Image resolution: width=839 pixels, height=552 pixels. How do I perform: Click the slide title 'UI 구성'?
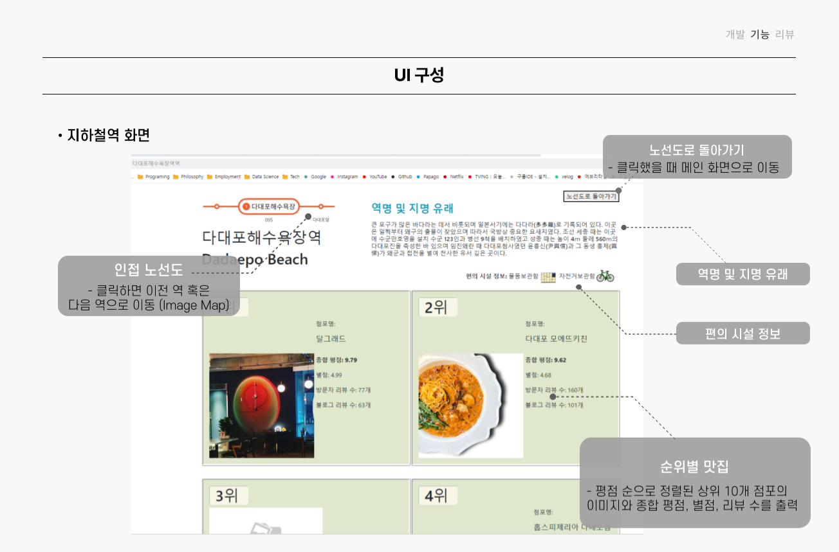tap(419, 76)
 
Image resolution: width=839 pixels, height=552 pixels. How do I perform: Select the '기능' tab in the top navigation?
tap(760, 35)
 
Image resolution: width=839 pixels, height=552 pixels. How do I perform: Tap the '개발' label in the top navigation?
tap(735, 35)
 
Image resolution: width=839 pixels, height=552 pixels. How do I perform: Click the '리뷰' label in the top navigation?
tap(785, 35)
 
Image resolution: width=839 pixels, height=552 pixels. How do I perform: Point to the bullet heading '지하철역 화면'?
tap(108, 136)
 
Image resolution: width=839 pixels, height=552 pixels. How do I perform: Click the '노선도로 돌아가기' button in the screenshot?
tap(591, 196)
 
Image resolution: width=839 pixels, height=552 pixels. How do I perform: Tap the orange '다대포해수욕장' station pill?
tap(269, 206)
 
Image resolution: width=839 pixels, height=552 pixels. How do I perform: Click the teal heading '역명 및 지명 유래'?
tap(412, 208)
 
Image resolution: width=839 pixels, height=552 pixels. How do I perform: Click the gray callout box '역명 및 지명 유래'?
tap(742, 274)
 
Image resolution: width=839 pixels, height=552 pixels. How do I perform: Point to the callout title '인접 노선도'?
tap(149, 270)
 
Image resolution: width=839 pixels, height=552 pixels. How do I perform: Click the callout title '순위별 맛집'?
tap(694, 467)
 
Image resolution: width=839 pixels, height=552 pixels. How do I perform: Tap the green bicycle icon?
tap(605, 276)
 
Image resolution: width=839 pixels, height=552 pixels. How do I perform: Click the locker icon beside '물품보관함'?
tap(548, 277)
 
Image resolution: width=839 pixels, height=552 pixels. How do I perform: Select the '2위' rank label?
tap(438, 307)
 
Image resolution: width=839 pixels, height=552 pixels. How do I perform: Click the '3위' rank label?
tap(228, 495)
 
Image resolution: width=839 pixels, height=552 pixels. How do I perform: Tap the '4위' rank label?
tap(437, 495)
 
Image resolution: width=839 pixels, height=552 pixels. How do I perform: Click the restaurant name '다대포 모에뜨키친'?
tap(556, 339)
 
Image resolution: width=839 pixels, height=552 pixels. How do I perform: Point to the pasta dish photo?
tap(470, 405)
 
